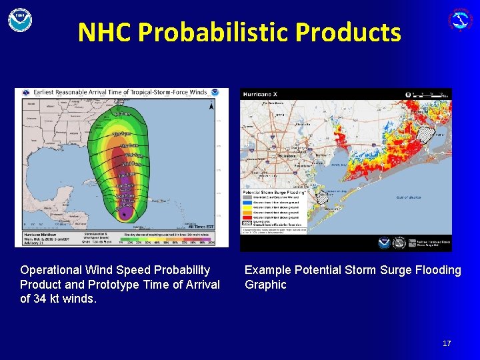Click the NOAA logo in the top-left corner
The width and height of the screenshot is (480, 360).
click(x=20, y=19)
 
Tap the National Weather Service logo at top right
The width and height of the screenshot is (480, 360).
click(x=460, y=19)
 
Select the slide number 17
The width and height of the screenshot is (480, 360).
click(x=447, y=343)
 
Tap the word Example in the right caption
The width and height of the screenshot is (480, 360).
click(x=266, y=270)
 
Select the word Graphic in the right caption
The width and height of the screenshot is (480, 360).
click(x=265, y=285)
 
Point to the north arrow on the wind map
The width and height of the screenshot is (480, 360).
click(x=212, y=105)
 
